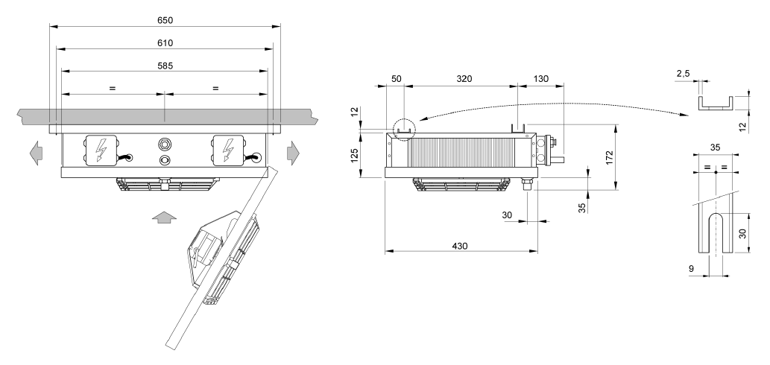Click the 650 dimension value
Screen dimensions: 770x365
pos(165,20)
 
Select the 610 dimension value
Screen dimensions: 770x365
pos(165,42)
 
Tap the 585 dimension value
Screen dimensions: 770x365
pos(165,66)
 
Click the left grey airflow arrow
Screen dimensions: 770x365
pos(36,153)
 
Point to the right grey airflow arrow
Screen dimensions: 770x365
pos(294,153)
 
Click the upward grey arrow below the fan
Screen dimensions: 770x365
pos(164,218)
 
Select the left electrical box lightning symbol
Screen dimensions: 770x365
pos(101,150)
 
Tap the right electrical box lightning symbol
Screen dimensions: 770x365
pos(227,150)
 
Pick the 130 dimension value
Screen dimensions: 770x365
pos(540,79)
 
